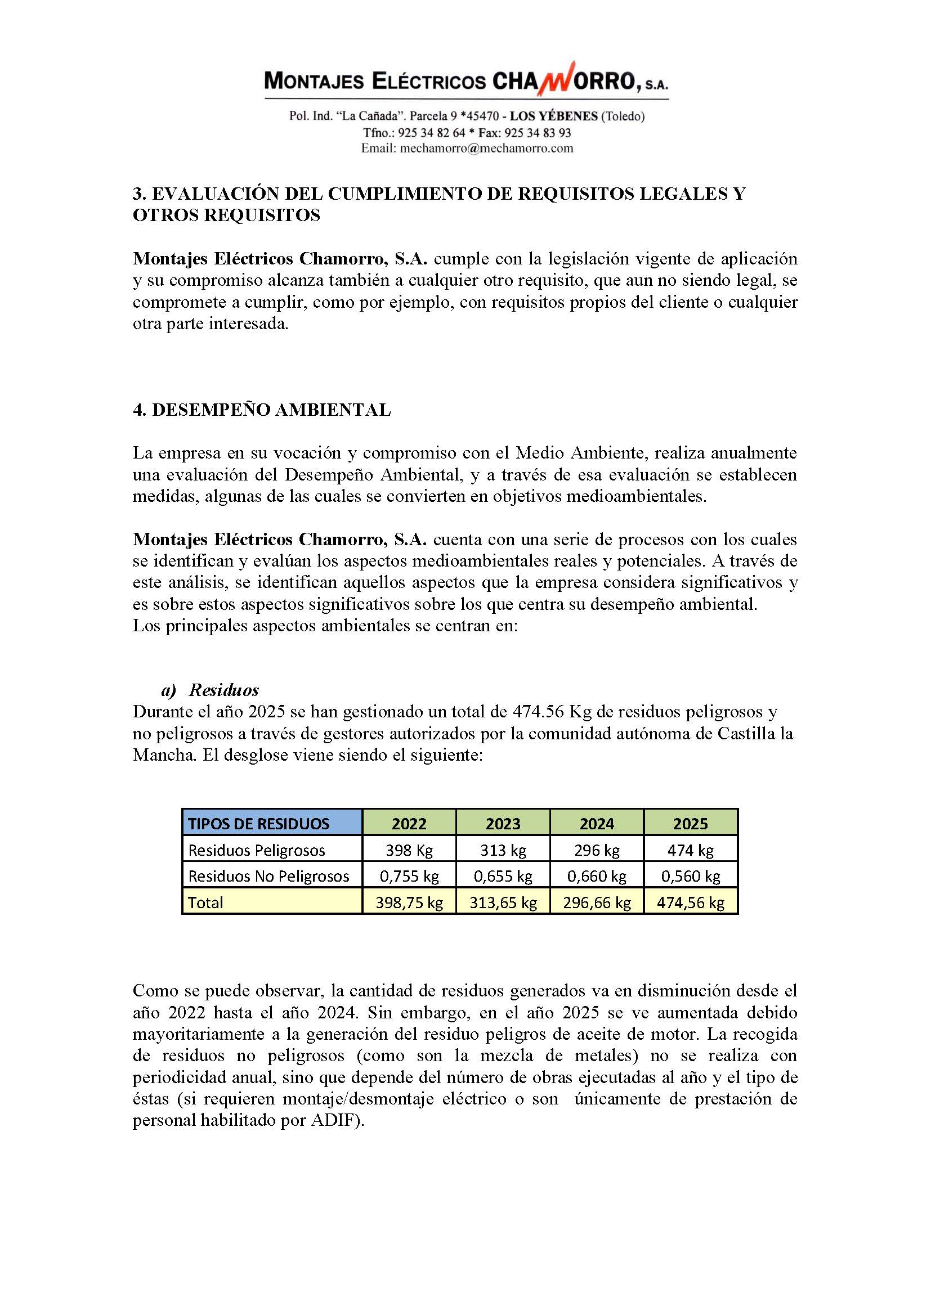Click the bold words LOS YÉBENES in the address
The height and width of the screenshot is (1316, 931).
[553, 116]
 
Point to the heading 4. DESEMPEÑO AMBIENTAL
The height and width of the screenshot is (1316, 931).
[261, 410]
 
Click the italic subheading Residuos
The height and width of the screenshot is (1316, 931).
[224, 690]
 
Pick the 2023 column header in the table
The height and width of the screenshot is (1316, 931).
[503, 824]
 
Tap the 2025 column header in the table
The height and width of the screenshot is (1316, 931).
[690, 824]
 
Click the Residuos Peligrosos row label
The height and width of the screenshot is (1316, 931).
[256, 851]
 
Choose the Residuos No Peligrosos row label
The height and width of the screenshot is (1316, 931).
[268, 877]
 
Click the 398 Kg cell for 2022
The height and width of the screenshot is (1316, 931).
[409, 851]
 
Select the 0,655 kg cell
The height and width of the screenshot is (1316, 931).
[503, 877]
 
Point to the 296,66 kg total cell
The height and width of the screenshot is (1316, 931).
[597, 902]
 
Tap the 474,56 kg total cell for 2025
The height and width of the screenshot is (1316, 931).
[690, 902]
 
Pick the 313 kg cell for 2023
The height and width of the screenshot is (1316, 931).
[503, 851]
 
